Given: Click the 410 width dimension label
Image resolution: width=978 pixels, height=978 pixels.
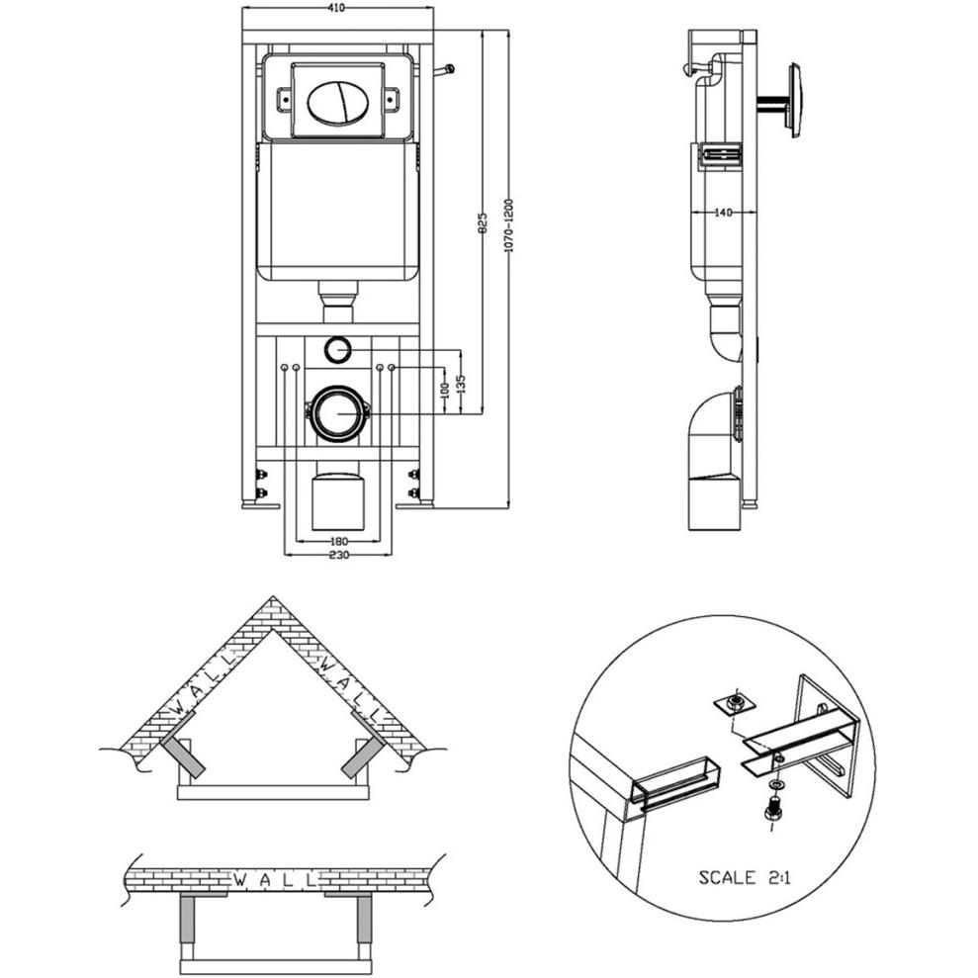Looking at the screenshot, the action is (x=337, y=8).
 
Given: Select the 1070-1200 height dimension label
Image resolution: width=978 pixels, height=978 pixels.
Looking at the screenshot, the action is (x=508, y=225).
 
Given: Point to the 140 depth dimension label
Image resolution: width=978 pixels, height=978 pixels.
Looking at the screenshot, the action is (x=722, y=213).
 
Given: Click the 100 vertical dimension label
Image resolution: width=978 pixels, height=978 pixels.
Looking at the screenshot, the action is (x=444, y=391).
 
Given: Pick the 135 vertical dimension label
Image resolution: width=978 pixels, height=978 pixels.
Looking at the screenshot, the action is (x=461, y=384).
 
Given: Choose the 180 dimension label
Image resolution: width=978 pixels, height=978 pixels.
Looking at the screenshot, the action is (x=338, y=541).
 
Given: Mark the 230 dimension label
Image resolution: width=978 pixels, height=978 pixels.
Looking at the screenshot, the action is (x=338, y=555).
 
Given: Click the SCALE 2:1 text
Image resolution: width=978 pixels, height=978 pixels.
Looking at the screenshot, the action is (x=744, y=877).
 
